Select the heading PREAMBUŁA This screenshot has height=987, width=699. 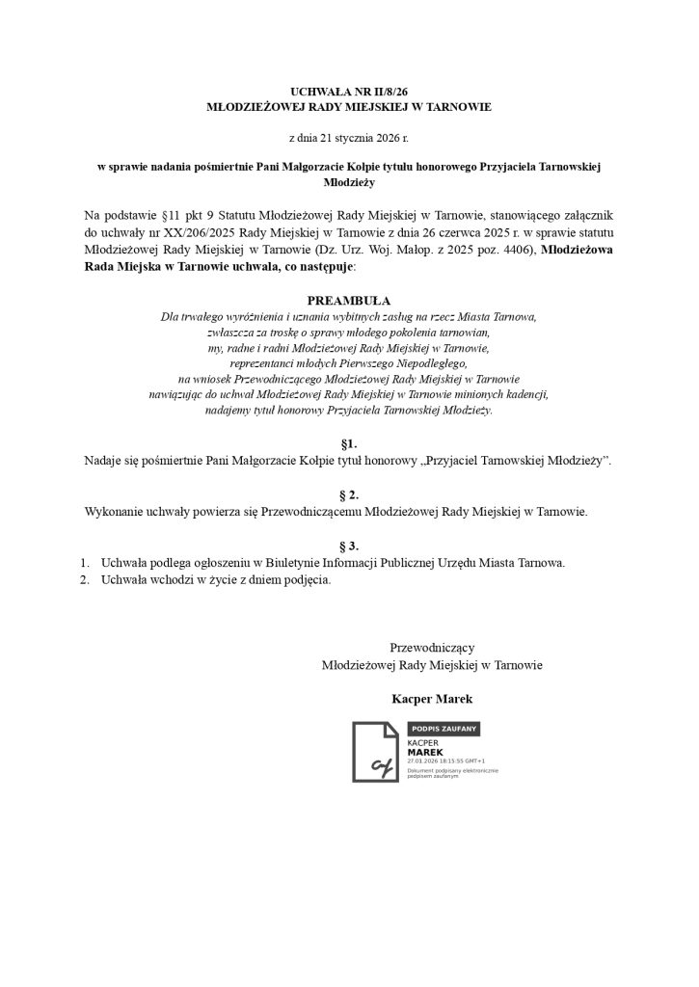(x=349, y=301)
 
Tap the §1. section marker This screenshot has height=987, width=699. (x=349, y=444)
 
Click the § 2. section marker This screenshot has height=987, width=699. (x=349, y=493)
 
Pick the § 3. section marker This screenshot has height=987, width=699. (x=349, y=546)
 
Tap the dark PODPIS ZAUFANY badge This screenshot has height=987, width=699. (x=444, y=730)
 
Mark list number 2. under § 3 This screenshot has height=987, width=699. (x=84, y=579)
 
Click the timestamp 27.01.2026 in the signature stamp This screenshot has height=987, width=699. (x=426, y=760)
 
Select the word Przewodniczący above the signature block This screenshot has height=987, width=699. (x=431, y=648)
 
